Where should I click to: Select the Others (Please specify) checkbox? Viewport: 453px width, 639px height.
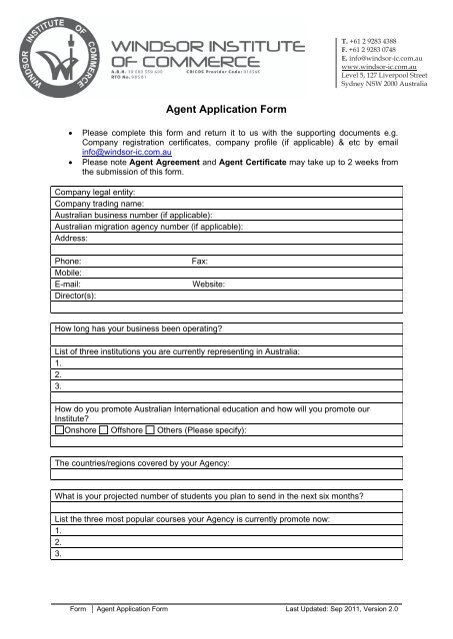point(150,429)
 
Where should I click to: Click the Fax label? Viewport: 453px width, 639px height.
point(199,258)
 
